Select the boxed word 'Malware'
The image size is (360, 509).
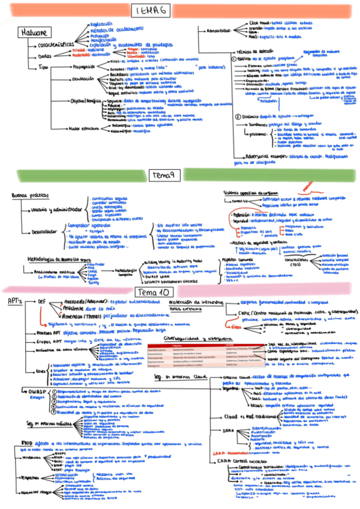coord(34,32)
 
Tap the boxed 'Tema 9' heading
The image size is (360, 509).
coord(163,175)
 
